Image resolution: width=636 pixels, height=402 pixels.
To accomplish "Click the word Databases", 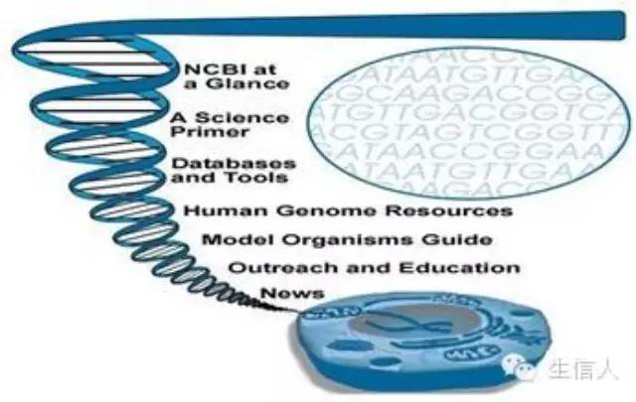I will click(220, 163).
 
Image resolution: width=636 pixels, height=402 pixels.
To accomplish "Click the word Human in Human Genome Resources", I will click(216, 210).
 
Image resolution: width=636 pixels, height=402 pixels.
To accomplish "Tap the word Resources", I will click(463, 210).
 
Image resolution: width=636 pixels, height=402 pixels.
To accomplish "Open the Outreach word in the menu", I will click(270, 268).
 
